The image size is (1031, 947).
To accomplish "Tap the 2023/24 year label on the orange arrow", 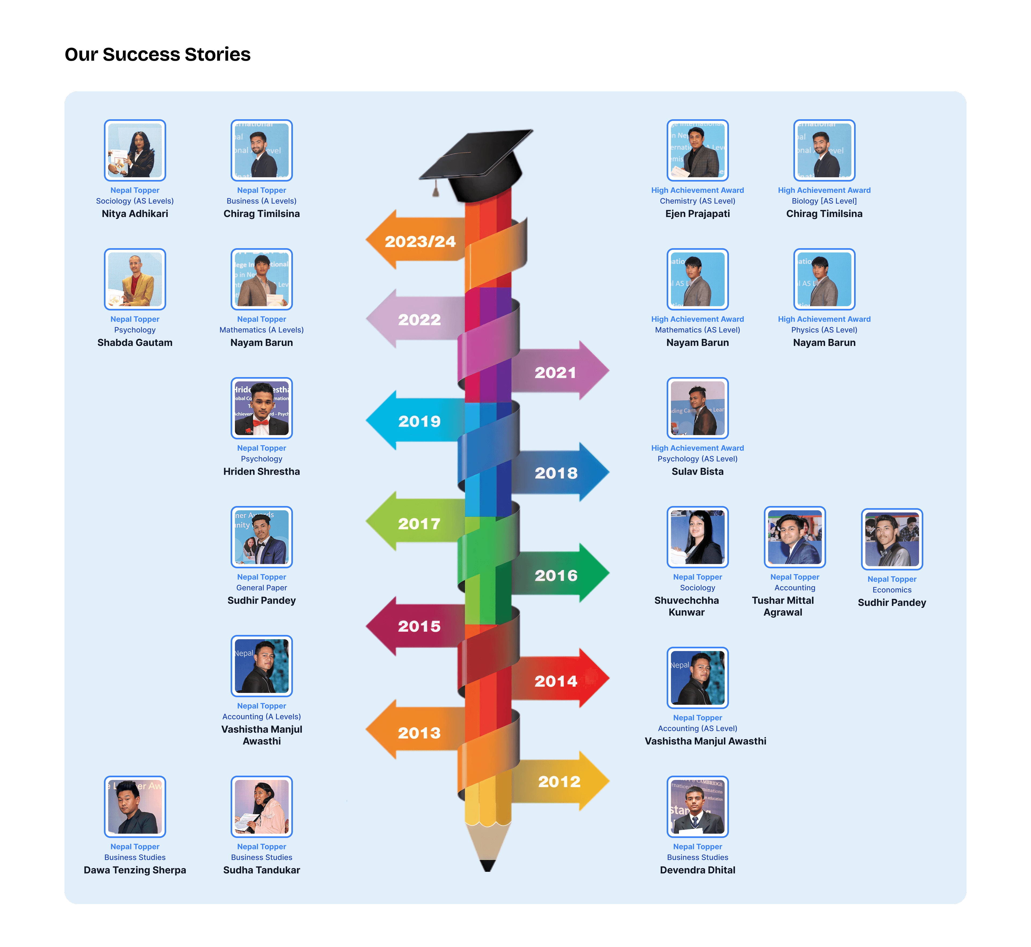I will click(x=420, y=241).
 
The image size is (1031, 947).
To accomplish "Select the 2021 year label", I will click(x=555, y=373).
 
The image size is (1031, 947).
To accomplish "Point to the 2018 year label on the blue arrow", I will click(x=556, y=473).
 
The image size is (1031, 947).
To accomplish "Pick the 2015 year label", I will click(x=419, y=626).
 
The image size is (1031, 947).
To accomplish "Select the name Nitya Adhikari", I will click(x=135, y=214).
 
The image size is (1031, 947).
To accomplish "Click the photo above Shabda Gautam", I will click(x=135, y=279).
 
